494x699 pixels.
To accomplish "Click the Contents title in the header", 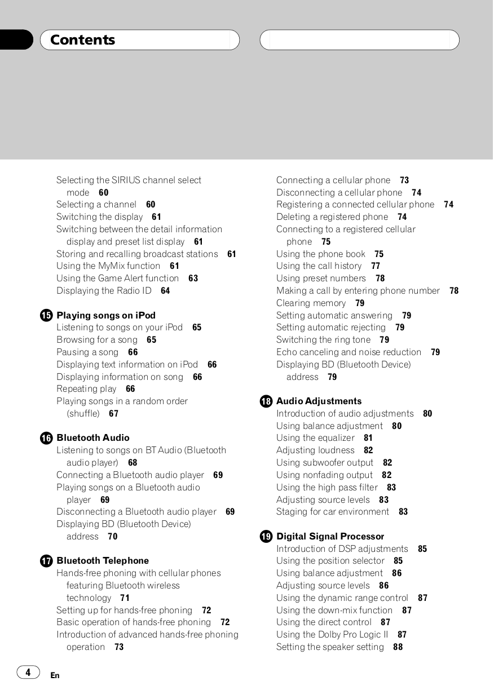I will pos(82,40).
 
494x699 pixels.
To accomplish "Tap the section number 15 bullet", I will pos(46,316).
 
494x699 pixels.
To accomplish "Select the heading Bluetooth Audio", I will pos(93,438).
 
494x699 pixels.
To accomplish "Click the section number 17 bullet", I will pos(46,561).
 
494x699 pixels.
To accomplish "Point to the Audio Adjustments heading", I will pos(319,401).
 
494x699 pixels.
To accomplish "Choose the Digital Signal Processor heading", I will pos(330,537).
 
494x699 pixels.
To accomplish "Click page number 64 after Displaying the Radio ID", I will pos(165,291).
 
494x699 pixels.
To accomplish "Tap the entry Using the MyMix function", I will pos(108,266).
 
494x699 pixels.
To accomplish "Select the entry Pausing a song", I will pos(87,352).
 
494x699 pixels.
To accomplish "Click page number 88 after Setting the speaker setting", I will pos(398,647).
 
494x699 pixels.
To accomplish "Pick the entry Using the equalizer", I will pos(315,438).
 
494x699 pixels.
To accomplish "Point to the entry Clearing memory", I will pos(311,303).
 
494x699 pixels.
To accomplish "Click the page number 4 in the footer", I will pos(28,672).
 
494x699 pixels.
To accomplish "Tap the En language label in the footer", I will pos(55,675).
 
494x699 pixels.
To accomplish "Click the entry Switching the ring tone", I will pos(323,340).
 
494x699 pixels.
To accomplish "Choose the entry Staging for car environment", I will pos(333,512).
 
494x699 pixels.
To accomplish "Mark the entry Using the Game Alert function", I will pos(117,278).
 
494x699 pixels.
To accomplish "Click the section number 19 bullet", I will pos(266,537).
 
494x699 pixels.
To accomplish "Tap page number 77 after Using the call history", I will pos(376,266).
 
